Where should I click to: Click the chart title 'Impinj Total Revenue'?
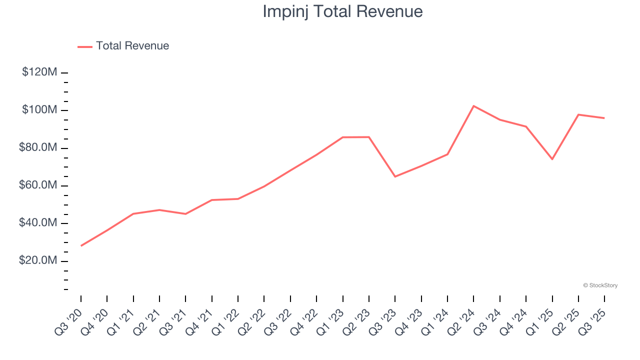click(342, 11)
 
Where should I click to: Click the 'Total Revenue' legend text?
click(132, 46)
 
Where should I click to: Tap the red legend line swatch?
click(85, 46)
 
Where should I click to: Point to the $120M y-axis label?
click(39, 72)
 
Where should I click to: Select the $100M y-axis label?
click(39, 110)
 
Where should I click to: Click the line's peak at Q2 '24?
click(473, 106)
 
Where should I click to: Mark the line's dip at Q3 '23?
click(395, 176)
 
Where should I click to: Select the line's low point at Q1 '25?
click(552, 159)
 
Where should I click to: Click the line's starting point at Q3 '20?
click(81, 245)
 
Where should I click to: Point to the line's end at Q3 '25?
click(604, 118)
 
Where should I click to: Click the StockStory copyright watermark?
click(600, 285)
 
